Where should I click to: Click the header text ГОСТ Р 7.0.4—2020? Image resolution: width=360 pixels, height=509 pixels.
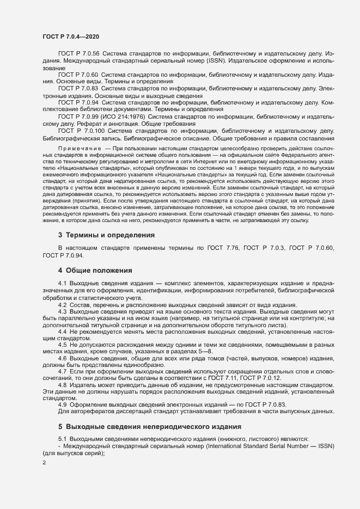pos(70,36)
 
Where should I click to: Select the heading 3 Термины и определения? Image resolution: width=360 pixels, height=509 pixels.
pos(106,235)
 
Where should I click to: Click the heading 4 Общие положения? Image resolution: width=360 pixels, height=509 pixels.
pos(95,270)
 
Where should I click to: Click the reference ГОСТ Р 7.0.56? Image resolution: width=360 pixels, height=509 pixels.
pos(78,55)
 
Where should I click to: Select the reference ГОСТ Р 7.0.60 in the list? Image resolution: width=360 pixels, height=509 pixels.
pos(78,75)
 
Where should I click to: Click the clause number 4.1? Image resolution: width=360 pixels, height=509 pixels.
pos(62,284)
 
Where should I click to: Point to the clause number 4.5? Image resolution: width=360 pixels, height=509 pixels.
pos(62,344)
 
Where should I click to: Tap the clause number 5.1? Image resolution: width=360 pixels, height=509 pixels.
pos(62,439)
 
